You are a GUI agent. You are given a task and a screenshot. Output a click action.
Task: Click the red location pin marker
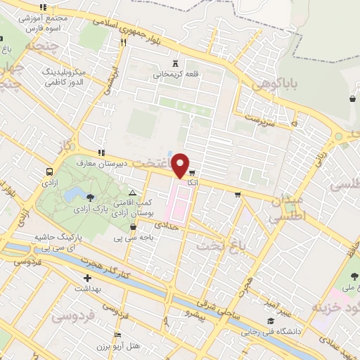pyautogui.click(x=181, y=165)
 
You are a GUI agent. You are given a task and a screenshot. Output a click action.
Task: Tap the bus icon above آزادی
pyautogui.click(x=49, y=172)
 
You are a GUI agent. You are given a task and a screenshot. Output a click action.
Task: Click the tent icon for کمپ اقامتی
pyautogui.click(x=132, y=192)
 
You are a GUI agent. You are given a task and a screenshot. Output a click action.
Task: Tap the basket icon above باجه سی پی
pyautogui.click(x=134, y=227)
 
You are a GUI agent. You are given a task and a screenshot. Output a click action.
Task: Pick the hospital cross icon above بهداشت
pyautogui.click(x=86, y=278)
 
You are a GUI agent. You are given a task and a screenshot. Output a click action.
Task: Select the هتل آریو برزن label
pyautogui.click(x=114, y=349)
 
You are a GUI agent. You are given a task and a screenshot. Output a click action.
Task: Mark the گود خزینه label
pyautogui.click(x=335, y=308)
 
